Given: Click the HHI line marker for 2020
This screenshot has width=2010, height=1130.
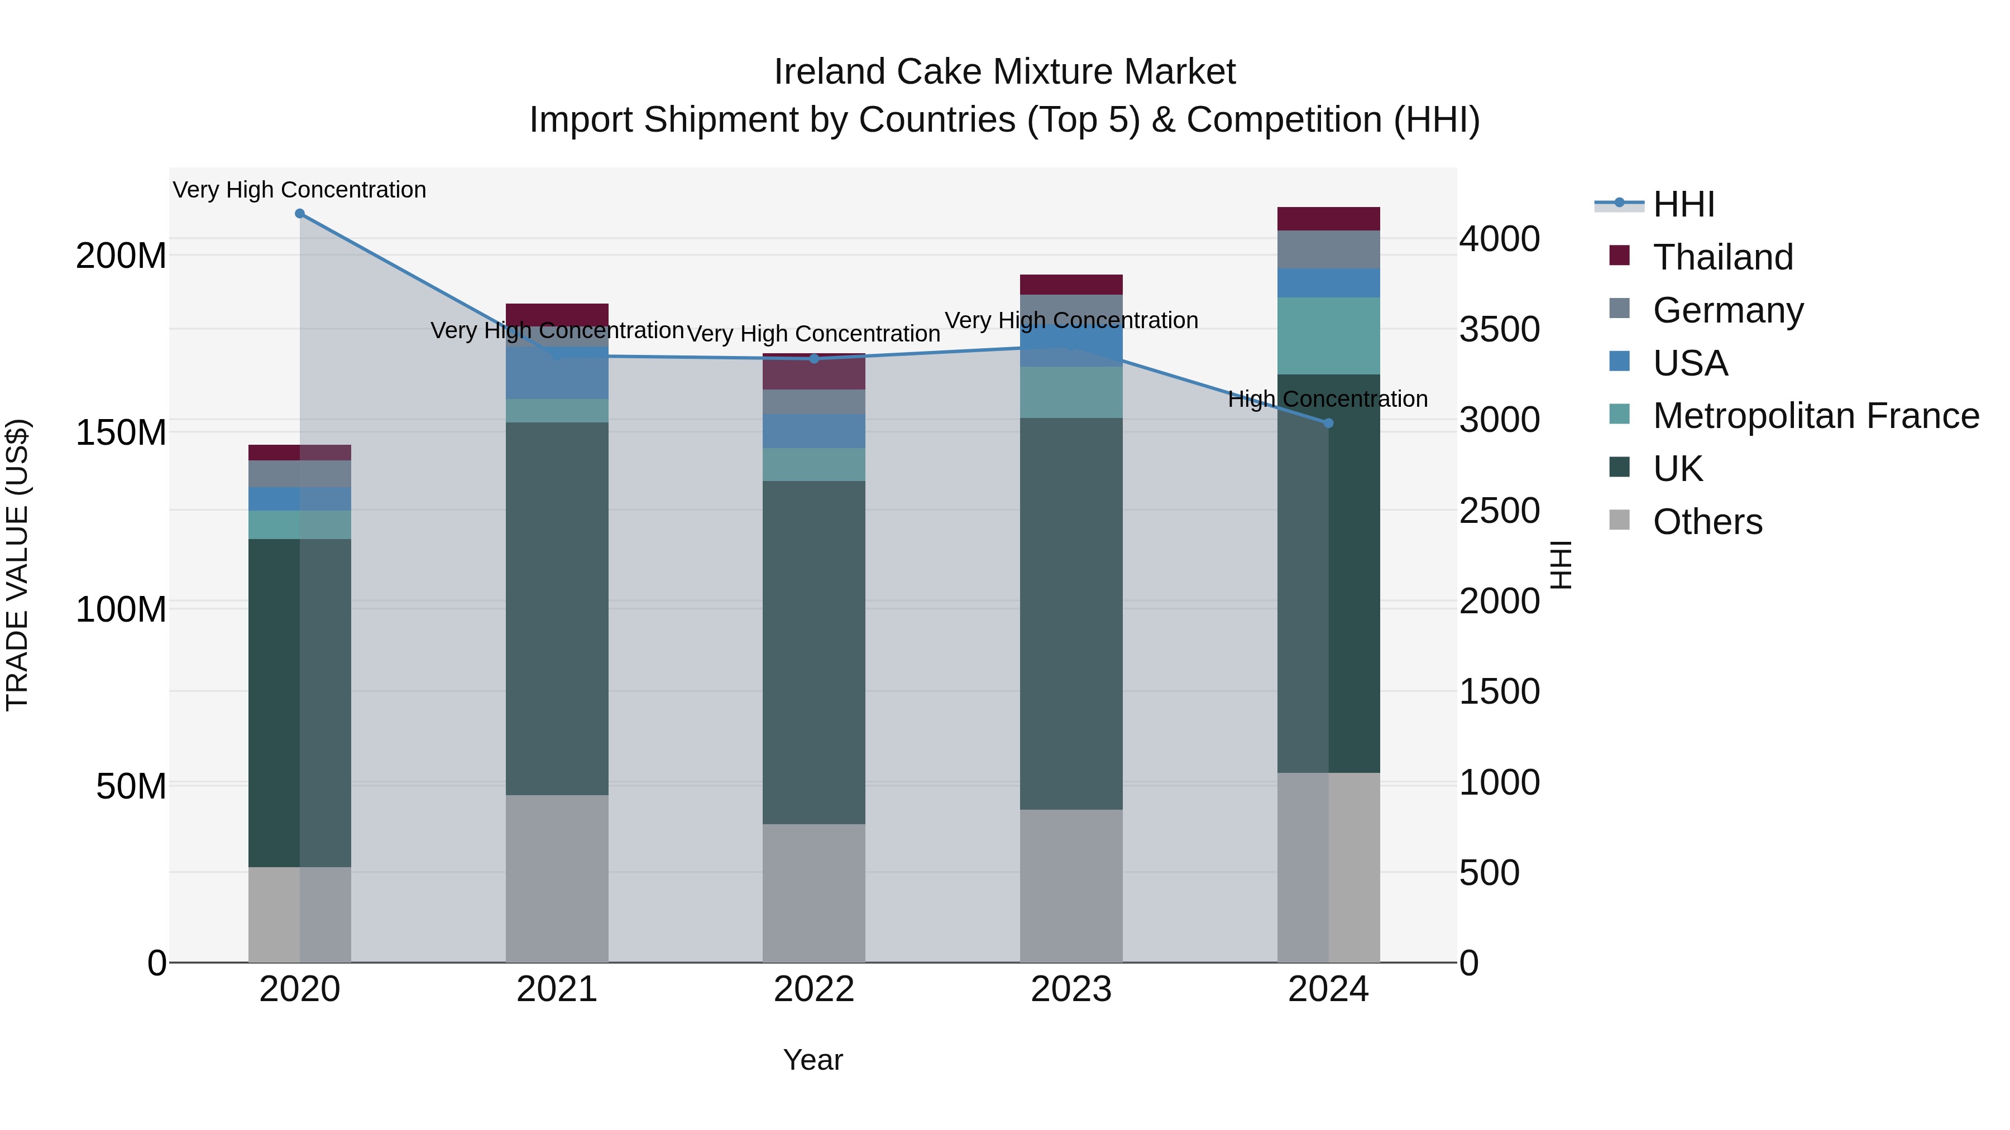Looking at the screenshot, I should [300, 214].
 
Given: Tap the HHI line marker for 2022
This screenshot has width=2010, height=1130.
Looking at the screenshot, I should [814, 359].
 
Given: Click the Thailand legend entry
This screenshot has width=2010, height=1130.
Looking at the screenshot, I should [1723, 257].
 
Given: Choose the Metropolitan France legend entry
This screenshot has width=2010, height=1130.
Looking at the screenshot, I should [1816, 416].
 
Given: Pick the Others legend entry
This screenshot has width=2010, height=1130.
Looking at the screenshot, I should [1707, 522].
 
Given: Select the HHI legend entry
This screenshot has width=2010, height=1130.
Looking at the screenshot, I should [1683, 204].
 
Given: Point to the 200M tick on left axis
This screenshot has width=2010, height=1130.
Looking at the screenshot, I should [121, 256].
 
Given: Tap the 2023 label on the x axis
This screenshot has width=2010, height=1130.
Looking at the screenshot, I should [1070, 989].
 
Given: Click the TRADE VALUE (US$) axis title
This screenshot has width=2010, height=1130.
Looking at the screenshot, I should [17, 565].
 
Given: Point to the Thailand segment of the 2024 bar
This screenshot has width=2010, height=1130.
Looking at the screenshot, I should [1328, 219].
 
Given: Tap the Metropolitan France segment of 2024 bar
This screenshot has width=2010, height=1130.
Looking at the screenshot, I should [1328, 335].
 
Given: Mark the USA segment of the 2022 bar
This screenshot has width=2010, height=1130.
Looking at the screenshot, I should [814, 431].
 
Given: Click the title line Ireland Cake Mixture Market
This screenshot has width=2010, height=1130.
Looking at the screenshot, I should [1004, 72].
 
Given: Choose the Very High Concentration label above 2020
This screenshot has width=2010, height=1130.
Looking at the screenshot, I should [300, 190].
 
